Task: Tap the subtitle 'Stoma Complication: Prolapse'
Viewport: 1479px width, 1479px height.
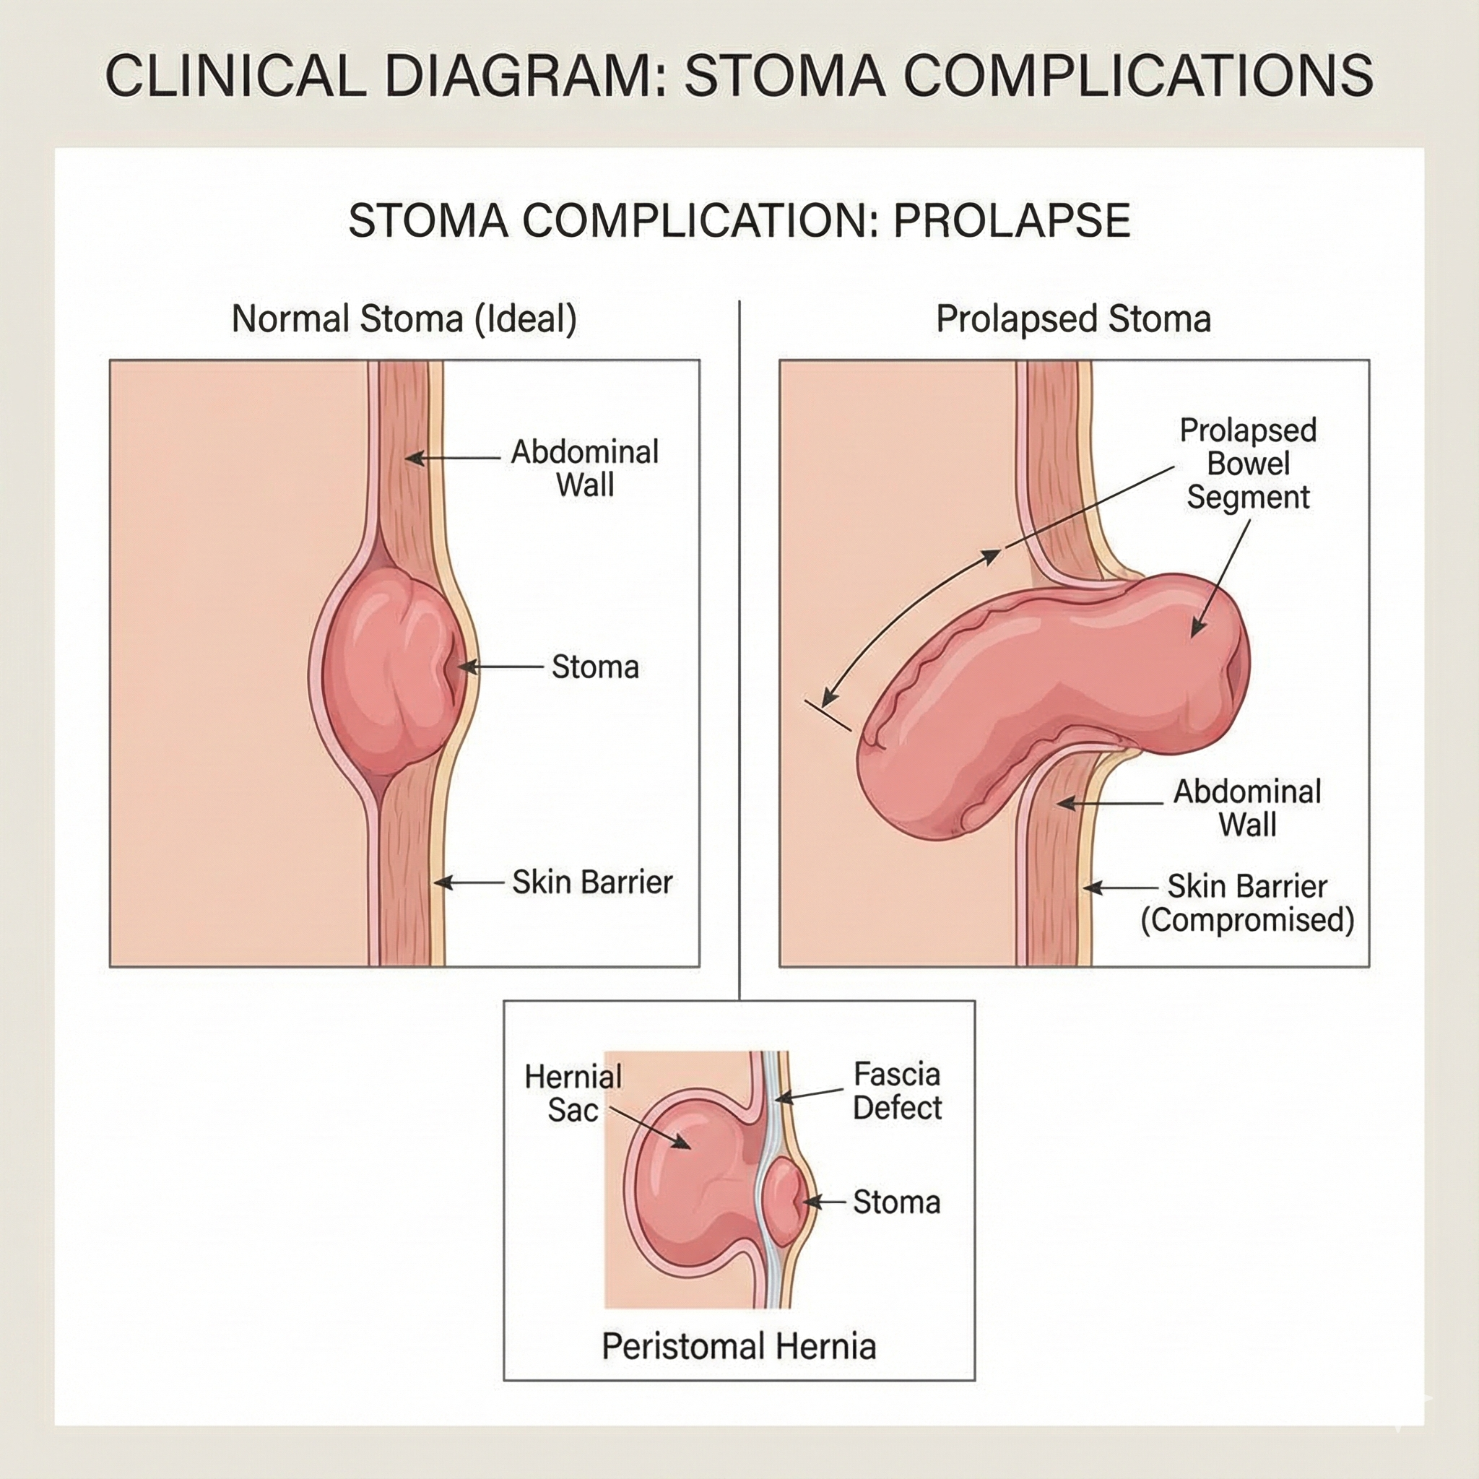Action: (739, 220)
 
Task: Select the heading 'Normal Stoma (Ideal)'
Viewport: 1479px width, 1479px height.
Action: (404, 318)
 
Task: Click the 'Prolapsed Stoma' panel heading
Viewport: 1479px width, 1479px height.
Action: (1073, 318)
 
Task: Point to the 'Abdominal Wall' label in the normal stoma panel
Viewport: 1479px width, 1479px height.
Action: (585, 468)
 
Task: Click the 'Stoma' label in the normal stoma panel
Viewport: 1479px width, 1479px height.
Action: (595, 667)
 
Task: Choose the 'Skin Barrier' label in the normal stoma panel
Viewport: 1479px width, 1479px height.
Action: (591, 882)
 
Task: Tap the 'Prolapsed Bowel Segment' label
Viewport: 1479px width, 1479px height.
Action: (1248, 464)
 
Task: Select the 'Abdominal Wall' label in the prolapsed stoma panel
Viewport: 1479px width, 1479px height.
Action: (1247, 807)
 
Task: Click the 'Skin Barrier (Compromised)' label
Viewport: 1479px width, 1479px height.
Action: (1247, 903)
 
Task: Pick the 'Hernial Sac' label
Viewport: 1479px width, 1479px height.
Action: (573, 1093)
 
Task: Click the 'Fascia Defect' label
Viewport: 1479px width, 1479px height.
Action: (896, 1091)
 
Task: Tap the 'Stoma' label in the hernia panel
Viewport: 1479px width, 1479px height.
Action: (896, 1202)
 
